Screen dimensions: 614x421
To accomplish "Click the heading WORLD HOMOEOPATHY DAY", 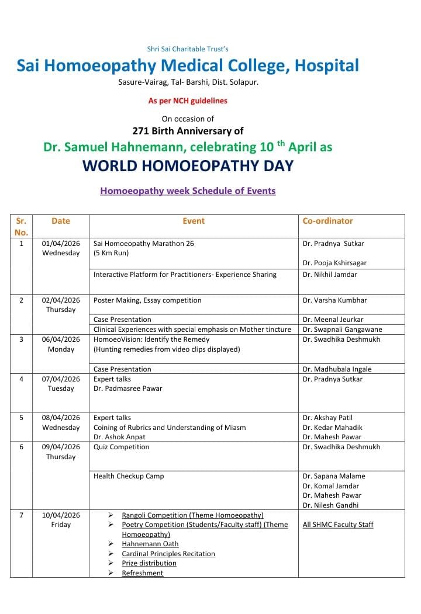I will tap(188, 166).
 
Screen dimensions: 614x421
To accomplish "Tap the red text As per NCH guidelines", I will tap(188, 100).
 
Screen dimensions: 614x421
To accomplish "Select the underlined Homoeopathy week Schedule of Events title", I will tap(188, 190).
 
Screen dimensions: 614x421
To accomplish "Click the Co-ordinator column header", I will tap(327, 221).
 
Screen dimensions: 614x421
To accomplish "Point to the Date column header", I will tap(61, 221).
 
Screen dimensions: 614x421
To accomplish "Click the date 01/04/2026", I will tap(61, 244).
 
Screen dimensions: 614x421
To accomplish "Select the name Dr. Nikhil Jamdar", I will tap(330, 275).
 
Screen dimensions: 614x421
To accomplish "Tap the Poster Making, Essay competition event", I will tap(147, 300).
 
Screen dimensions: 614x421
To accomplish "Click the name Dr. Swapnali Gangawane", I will tap(341, 329).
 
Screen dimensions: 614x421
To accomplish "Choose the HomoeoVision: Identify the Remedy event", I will tap(151, 339).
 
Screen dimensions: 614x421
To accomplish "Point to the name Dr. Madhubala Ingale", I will tap(337, 369).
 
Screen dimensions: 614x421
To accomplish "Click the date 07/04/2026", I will tap(61, 379).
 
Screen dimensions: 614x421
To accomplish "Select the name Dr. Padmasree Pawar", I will tap(128, 388).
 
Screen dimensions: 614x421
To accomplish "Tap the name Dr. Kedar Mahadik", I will tap(332, 428).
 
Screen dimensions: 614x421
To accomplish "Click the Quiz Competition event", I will tap(121, 447).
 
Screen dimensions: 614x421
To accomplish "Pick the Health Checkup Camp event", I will tap(129, 476).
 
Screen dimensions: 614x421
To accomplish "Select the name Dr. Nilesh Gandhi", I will tap(330, 505).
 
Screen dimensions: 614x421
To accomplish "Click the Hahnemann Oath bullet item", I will tap(150, 544).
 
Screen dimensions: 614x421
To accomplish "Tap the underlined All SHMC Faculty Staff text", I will tap(338, 525).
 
